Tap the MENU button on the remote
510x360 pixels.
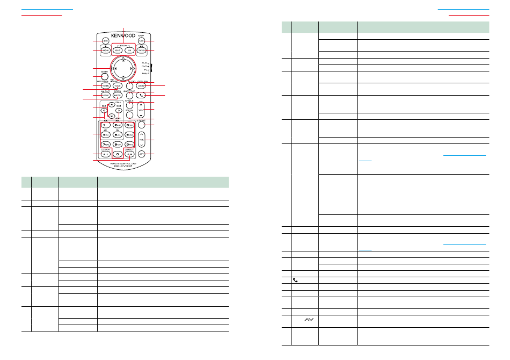tap(106, 50)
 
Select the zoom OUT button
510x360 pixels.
tap(117, 50)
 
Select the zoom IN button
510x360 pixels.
tap(129, 50)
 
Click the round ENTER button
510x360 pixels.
tap(106, 76)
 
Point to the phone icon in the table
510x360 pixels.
tap(294, 280)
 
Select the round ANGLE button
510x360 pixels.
tap(129, 104)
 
